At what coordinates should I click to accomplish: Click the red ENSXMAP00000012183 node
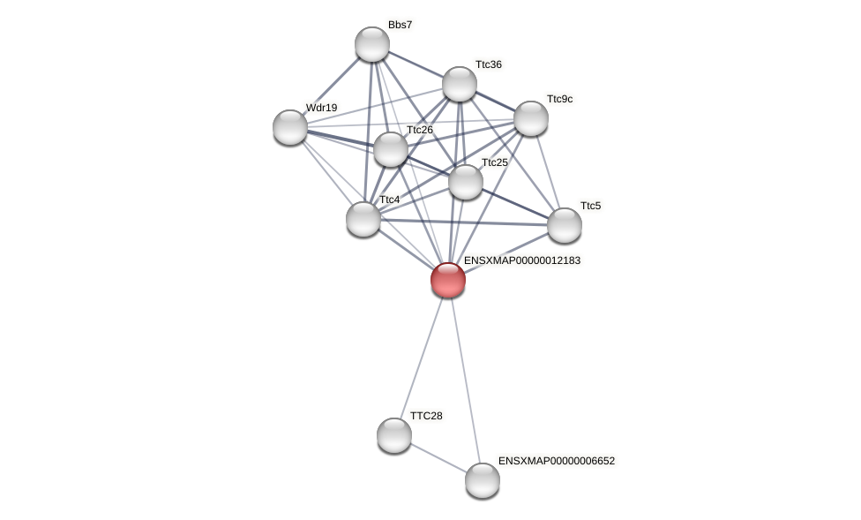(448, 280)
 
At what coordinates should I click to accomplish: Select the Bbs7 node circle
(372, 44)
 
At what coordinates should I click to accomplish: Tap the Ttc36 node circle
(460, 84)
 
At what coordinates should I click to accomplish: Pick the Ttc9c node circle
(531, 118)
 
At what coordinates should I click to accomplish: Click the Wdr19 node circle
(290, 127)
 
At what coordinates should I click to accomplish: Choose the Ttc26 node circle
(391, 149)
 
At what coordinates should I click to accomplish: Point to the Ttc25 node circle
(466, 182)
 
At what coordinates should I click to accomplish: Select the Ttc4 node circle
(363, 219)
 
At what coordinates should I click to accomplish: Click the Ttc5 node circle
(565, 225)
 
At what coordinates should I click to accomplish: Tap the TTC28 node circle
(394, 435)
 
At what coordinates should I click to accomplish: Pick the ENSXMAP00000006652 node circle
(483, 480)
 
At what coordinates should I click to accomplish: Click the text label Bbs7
(400, 25)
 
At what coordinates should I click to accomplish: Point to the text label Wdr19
(321, 108)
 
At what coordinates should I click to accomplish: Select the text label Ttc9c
(559, 99)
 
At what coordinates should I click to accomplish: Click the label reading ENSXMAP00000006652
(556, 461)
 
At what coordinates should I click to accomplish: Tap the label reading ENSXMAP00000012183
(521, 260)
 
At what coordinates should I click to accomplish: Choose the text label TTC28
(426, 416)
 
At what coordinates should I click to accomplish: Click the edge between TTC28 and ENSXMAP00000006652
(438, 458)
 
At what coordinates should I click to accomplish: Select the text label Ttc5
(590, 206)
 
